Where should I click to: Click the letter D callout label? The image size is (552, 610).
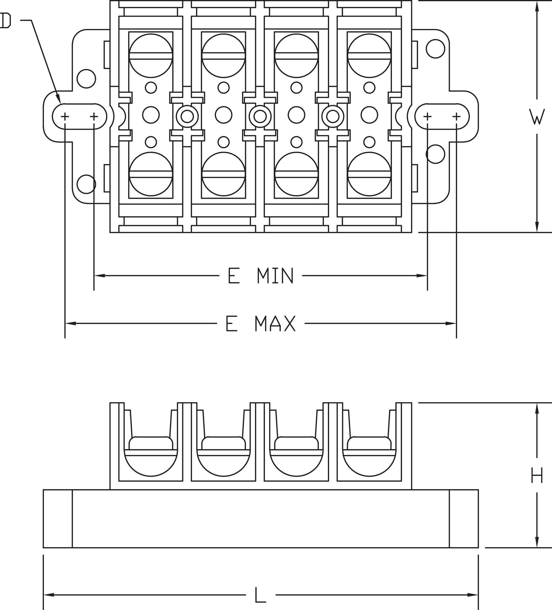coord(6,21)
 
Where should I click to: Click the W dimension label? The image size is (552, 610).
coord(537,117)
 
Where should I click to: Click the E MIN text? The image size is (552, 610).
coord(261,275)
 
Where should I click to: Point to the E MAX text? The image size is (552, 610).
coord(261,323)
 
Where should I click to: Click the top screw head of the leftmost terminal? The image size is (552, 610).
coord(151,56)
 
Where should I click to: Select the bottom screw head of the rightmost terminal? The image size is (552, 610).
coord(369,174)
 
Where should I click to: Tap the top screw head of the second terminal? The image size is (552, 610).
coord(224,56)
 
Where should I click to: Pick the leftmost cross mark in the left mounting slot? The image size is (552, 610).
coord(65,116)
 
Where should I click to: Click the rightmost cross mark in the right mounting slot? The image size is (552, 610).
coord(457,116)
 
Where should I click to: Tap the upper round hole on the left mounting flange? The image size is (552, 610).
coord(86,79)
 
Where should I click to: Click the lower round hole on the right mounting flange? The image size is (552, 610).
coord(435,154)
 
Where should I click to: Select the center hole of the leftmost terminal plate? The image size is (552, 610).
coord(151,115)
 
